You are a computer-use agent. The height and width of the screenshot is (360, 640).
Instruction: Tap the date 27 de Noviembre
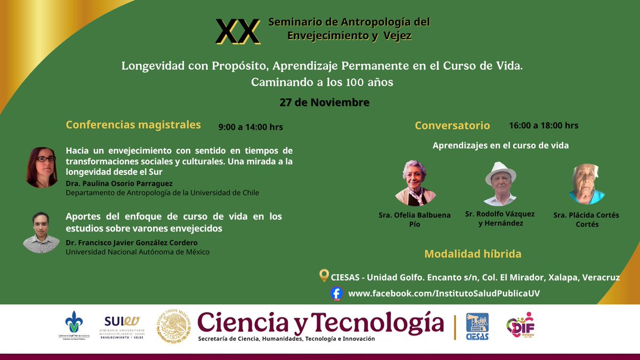(324, 102)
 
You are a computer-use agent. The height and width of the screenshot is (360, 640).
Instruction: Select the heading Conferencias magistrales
(133, 125)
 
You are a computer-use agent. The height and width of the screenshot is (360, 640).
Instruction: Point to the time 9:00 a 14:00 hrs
(251, 127)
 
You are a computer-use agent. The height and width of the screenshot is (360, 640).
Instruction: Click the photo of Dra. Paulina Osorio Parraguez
(42, 167)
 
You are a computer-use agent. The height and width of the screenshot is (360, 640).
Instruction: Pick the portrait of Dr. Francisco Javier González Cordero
(41, 233)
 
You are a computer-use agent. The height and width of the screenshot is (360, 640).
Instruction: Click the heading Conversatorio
(452, 126)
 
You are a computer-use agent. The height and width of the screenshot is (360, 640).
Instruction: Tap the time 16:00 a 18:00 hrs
(543, 125)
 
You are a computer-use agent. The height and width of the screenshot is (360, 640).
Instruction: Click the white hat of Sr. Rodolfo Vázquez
(501, 172)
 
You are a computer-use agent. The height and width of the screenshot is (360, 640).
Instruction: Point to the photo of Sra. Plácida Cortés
(586, 184)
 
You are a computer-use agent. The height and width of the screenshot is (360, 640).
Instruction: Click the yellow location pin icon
(323, 276)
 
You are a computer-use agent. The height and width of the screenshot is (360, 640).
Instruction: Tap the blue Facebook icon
(336, 293)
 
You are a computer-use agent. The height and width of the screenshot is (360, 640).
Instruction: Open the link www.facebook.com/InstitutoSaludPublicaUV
(440, 294)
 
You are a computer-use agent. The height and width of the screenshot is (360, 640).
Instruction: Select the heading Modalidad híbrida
(473, 254)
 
